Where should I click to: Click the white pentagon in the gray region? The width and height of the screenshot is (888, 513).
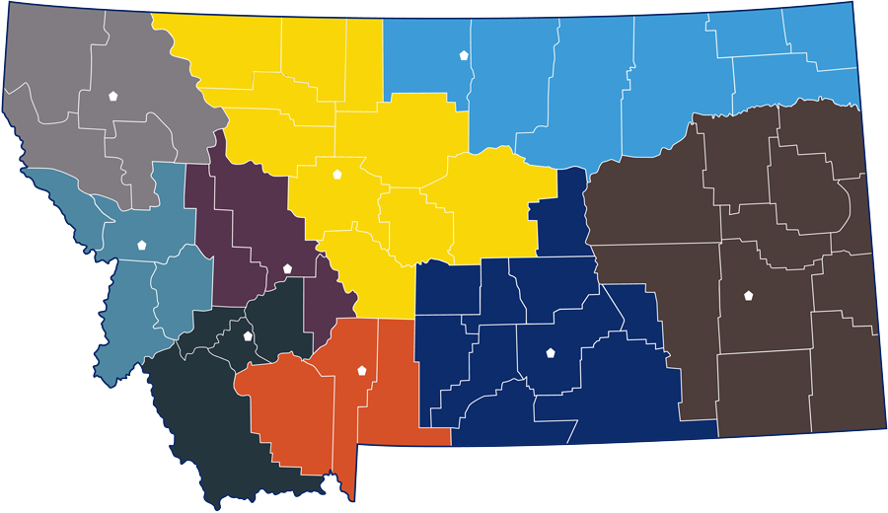click(x=113, y=96)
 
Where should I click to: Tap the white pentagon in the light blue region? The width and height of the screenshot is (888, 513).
click(x=464, y=55)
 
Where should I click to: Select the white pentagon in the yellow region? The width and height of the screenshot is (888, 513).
click(x=337, y=174)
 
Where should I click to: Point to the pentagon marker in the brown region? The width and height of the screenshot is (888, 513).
click(x=748, y=295)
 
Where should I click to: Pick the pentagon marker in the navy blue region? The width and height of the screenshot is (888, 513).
click(x=551, y=352)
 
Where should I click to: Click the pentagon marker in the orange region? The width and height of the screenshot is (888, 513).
click(x=362, y=370)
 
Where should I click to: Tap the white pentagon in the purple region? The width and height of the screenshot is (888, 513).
click(x=287, y=267)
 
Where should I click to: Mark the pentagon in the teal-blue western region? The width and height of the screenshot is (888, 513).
click(x=142, y=244)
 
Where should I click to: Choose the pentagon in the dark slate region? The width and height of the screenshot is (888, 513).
click(x=248, y=335)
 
